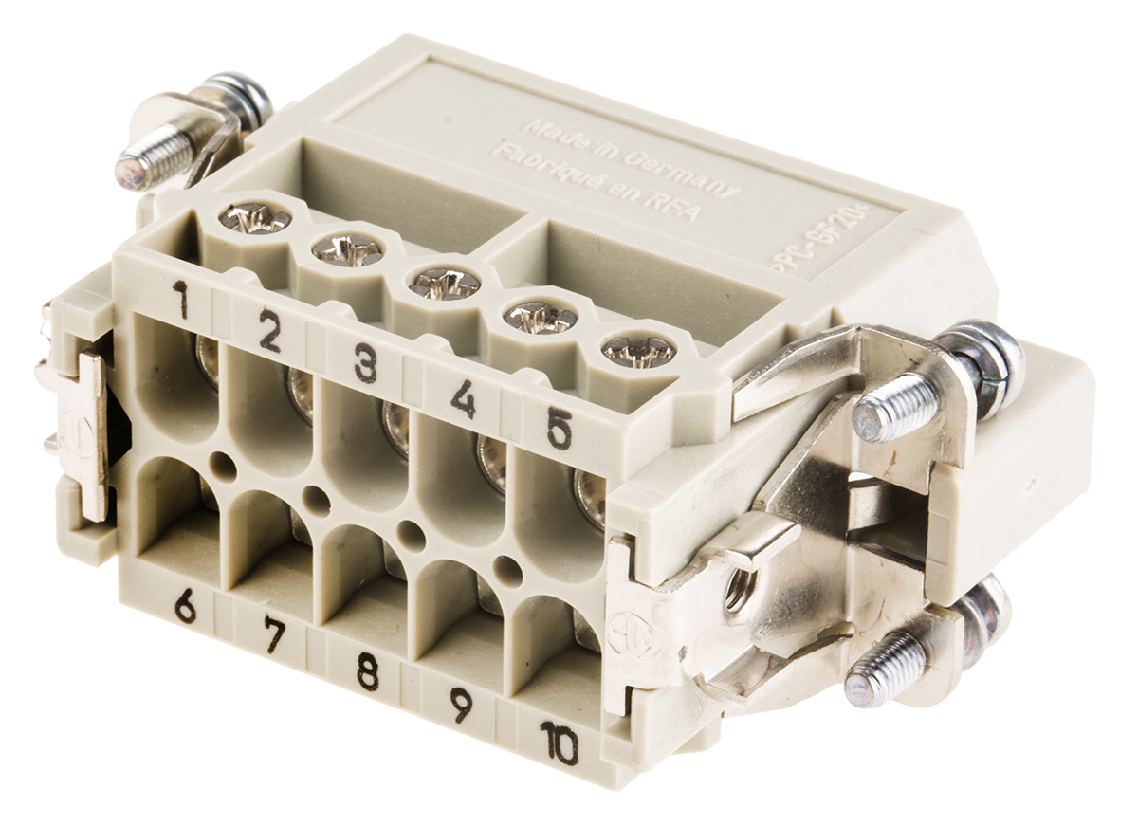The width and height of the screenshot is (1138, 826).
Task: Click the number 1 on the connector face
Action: (x=180, y=299)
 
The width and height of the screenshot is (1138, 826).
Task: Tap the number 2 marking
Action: (x=270, y=332)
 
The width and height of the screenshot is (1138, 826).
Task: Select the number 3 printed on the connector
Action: (x=366, y=363)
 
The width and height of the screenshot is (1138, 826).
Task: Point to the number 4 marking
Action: (x=463, y=398)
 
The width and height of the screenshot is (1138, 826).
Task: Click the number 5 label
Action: (x=560, y=431)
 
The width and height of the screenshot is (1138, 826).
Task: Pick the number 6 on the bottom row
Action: (x=185, y=605)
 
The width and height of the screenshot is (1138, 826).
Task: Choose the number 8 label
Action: (x=367, y=670)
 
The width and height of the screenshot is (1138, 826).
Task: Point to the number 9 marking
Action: (x=461, y=705)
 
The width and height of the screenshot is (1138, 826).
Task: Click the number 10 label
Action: (x=560, y=742)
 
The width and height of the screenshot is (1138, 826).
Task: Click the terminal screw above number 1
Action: (x=254, y=219)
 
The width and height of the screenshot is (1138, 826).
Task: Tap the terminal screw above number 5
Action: (x=638, y=350)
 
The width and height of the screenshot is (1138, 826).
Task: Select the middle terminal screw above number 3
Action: (x=443, y=283)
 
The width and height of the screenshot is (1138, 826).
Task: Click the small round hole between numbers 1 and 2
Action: (x=223, y=464)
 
